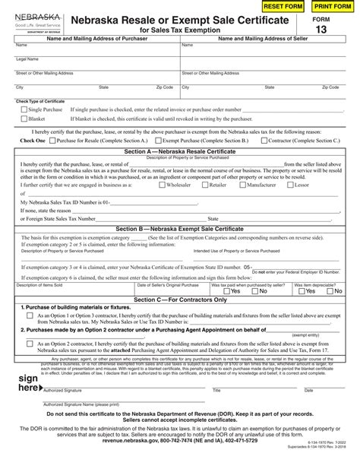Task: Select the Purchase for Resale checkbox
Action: (x=50, y=141)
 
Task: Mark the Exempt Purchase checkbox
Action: (x=155, y=141)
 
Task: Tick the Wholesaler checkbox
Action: (x=161, y=185)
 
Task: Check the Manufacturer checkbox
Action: (x=242, y=185)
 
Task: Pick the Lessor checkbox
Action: (x=290, y=185)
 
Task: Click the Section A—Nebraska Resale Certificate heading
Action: (x=180, y=151)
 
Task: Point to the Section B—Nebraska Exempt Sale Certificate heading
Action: (x=180, y=228)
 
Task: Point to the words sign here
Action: (x=29, y=382)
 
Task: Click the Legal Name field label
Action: (x=27, y=59)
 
